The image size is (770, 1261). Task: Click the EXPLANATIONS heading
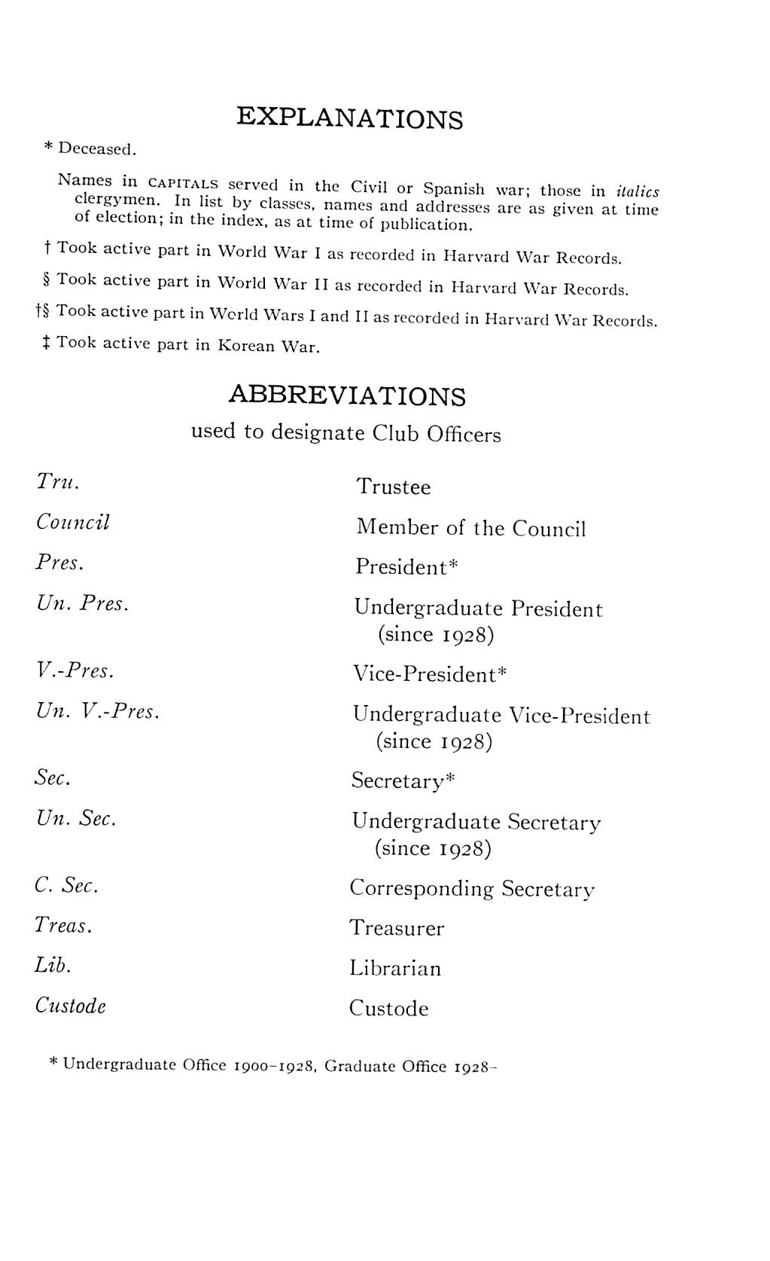[x=349, y=118]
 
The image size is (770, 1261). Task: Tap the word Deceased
[x=97, y=148]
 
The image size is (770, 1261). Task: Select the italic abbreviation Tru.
[x=58, y=482]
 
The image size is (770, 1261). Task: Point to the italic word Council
[x=73, y=523]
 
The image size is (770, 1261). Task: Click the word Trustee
[x=394, y=487]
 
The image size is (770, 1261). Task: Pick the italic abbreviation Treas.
[x=63, y=926]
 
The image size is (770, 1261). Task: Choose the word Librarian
[x=395, y=968]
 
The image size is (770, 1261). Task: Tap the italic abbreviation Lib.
[x=53, y=966]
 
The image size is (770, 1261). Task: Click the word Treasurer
[x=397, y=928]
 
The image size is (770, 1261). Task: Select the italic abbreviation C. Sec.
[x=66, y=886]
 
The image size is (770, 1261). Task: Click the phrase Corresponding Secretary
[x=472, y=889]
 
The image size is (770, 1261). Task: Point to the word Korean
[x=246, y=346]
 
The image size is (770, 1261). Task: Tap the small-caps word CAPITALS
[x=183, y=184]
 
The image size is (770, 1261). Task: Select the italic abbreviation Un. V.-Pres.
[x=98, y=711]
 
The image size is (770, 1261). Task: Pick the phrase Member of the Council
[x=470, y=528]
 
